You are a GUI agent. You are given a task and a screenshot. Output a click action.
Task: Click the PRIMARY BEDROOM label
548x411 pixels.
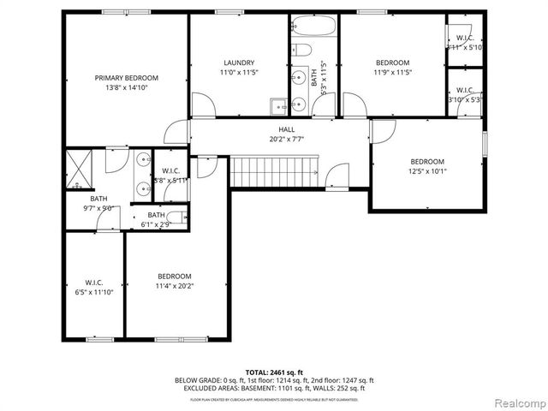click(126, 78)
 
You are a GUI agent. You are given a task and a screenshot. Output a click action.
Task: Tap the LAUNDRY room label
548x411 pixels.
click(239, 63)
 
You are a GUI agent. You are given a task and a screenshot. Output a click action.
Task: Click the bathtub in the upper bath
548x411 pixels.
click(314, 25)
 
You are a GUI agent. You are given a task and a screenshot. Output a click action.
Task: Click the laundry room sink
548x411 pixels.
click(278, 106)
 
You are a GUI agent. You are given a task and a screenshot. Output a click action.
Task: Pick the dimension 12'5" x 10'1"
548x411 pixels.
click(426, 170)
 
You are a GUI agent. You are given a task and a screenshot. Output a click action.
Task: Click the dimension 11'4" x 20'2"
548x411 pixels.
click(174, 285)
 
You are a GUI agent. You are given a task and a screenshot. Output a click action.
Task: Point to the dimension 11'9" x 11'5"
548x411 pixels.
click(393, 72)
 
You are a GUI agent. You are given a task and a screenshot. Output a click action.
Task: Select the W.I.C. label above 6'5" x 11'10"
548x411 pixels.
click(94, 282)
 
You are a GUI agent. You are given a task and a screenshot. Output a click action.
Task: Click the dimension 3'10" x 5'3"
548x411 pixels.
click(465, 99)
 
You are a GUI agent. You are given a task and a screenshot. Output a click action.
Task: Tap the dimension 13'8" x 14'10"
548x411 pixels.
click(126, 87)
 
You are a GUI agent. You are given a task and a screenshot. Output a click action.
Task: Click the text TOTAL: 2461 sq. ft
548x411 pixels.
click(273, 372)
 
